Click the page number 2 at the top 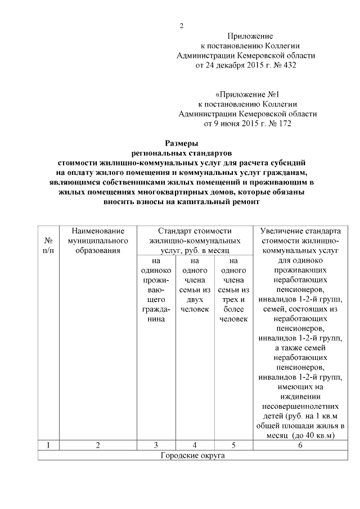tap(181, 26)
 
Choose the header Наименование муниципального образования tap(98, 241)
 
